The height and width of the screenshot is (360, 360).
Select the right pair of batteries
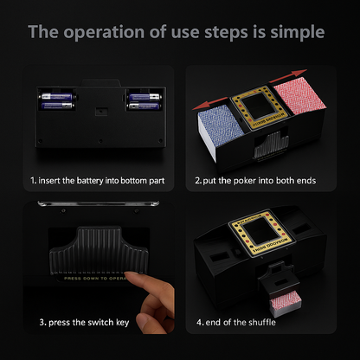pyautogui.click(x=144, y=101)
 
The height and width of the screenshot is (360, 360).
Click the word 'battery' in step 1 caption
pyautogui.click(x=102, y=182)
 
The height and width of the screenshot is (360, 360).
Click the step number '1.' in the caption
pyautogui.click(x=33, y=182)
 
